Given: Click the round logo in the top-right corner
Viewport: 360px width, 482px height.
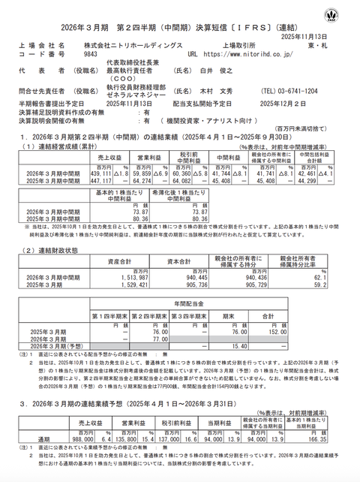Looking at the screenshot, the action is click(347, 14).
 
